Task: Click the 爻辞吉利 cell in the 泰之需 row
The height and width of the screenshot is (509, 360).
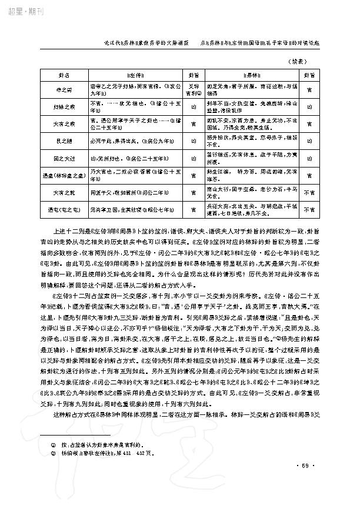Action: tap(192, 89)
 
